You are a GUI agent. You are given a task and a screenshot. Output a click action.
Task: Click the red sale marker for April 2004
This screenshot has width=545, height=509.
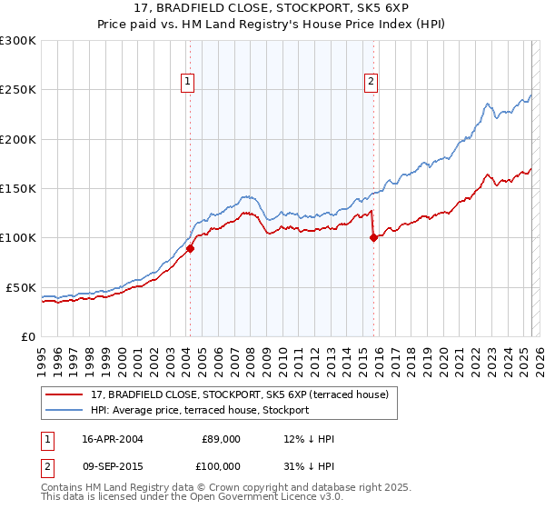pos(191,247)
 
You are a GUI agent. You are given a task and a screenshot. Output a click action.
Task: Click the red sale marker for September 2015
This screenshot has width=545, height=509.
pos(373,238)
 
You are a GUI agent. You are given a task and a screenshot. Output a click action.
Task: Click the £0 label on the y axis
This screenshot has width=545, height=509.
pos(28,336)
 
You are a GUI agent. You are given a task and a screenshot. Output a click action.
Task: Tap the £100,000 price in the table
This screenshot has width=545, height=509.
pos(221,465)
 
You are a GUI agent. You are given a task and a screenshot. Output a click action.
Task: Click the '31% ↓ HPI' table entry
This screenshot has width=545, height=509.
pos(309,465)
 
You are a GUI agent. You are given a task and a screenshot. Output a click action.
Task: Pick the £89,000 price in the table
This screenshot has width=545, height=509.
pos(221,439)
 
